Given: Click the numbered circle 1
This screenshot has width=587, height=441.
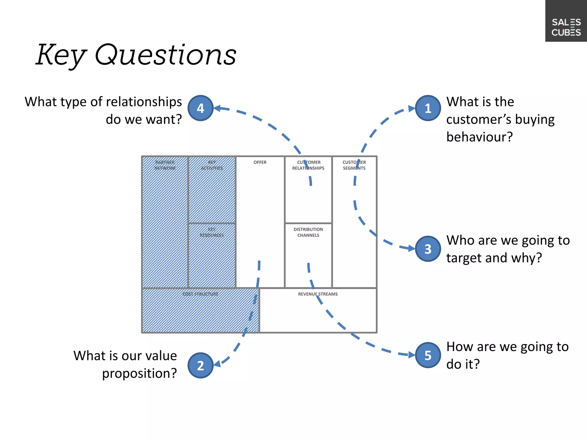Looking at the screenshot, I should point(428,108).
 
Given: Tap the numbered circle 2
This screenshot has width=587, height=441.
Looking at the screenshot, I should point(200,365).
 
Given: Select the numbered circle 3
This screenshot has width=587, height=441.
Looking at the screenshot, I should point(428,249).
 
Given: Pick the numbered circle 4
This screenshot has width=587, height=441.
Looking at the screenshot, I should point(200,108).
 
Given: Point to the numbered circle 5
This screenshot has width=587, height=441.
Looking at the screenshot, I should point(428,355).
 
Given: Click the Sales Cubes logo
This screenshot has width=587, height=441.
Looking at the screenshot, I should point(566,27).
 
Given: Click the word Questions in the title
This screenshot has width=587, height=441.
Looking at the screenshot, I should point(165,55).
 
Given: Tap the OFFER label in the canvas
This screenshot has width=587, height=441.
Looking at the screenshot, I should point(260,162).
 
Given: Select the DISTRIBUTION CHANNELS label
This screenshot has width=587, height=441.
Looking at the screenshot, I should point(308,232).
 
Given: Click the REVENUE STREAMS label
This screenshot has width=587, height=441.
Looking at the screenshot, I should point(318,294).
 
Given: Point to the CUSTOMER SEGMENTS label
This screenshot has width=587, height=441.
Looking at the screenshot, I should point(354,165).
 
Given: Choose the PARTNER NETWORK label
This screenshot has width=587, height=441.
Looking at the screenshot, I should point(165,165).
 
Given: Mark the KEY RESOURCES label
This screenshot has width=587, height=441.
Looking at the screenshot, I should point(212,232).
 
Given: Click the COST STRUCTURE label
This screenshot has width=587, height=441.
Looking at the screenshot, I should point(200,294).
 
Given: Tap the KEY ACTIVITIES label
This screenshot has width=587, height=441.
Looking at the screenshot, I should point(212,165).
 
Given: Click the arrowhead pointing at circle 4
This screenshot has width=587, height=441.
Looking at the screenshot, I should point(217,108).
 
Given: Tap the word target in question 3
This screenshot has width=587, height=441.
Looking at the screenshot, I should point(464,258).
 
